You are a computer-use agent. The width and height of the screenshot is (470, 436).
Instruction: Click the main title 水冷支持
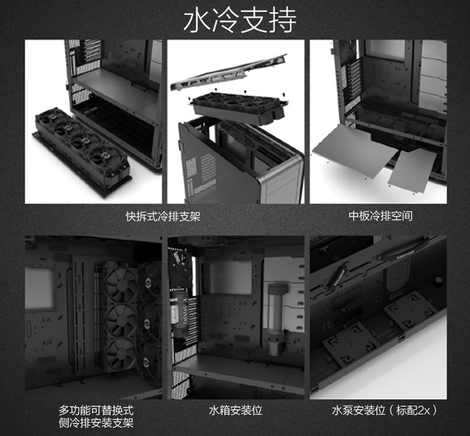tap(240, 21)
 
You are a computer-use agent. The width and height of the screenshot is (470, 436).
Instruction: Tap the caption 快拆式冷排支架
tap(163, 215)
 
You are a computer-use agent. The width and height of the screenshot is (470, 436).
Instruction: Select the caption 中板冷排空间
tap(380, 215)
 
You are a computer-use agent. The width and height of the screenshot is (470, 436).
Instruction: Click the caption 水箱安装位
tap(235, 410)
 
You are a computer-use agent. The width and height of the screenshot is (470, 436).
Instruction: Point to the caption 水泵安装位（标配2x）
tap(385, 410)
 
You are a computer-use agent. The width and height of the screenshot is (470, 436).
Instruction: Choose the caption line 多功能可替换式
tap(96, 410)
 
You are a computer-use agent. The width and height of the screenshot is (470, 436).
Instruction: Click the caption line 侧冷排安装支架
tap(96, 423)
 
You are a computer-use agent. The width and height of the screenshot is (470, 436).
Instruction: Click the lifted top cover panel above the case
tap(229, 73)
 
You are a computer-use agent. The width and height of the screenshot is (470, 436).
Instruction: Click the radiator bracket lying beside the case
tap(82, 152)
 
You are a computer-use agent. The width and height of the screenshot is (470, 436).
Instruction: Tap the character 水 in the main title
tap(196, 21)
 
